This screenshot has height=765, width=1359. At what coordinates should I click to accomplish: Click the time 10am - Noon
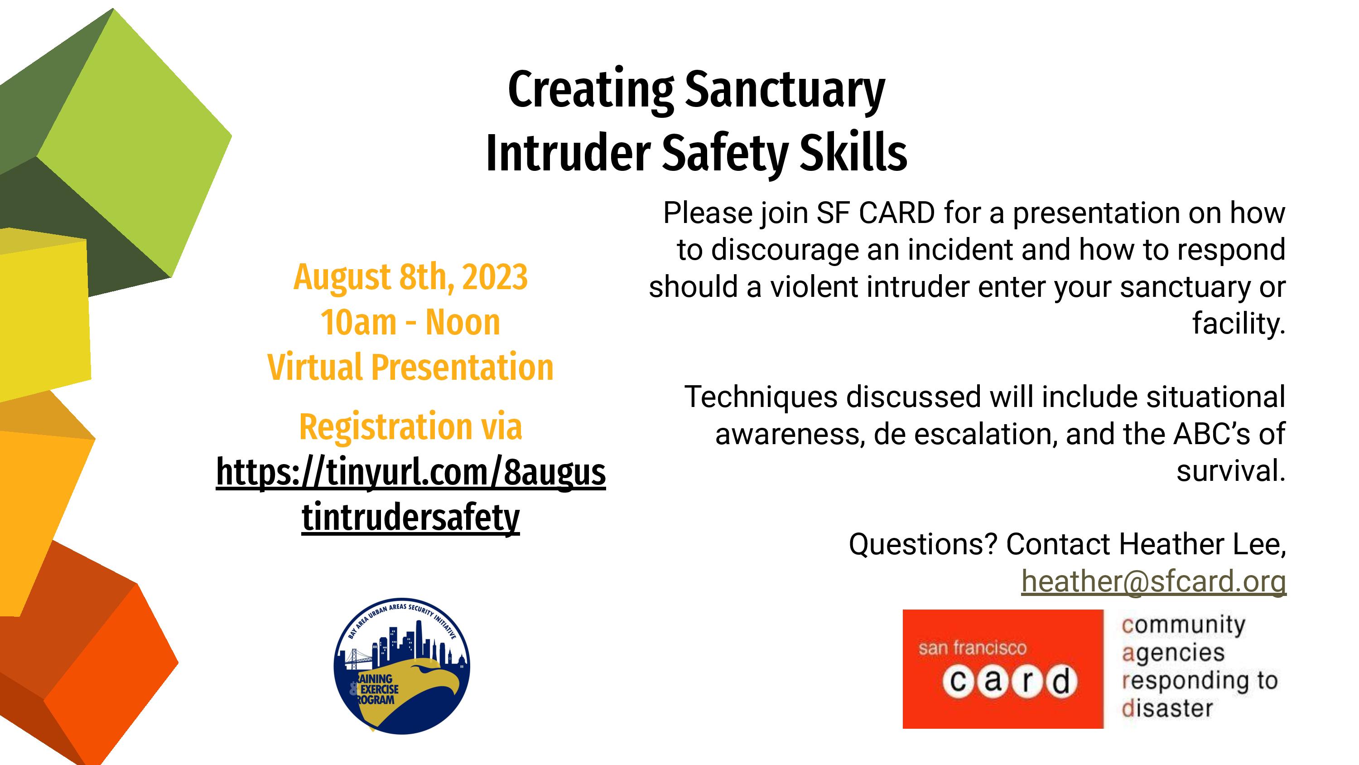point(410,322)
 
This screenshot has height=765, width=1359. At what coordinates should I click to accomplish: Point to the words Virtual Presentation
point(410,367)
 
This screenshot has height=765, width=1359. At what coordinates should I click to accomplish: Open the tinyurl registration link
point(411,495)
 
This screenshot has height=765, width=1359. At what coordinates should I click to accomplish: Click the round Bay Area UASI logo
point(402,666)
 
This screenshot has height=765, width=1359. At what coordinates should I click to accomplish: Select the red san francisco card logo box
point(1003,669)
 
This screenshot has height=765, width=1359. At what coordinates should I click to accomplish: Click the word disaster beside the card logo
point(1167,708)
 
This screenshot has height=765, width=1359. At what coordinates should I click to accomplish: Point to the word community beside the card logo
point(1183,625)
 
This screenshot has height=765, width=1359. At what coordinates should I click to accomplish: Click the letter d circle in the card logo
point(1061,682)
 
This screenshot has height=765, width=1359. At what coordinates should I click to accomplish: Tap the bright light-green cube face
point(135,143)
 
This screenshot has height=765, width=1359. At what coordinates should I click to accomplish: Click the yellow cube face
point(44,317)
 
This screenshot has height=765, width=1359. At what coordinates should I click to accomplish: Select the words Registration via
point(410,426)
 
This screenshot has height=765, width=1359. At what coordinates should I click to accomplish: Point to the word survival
point(1231,470)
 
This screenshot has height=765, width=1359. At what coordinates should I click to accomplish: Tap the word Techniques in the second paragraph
point(761,397)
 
